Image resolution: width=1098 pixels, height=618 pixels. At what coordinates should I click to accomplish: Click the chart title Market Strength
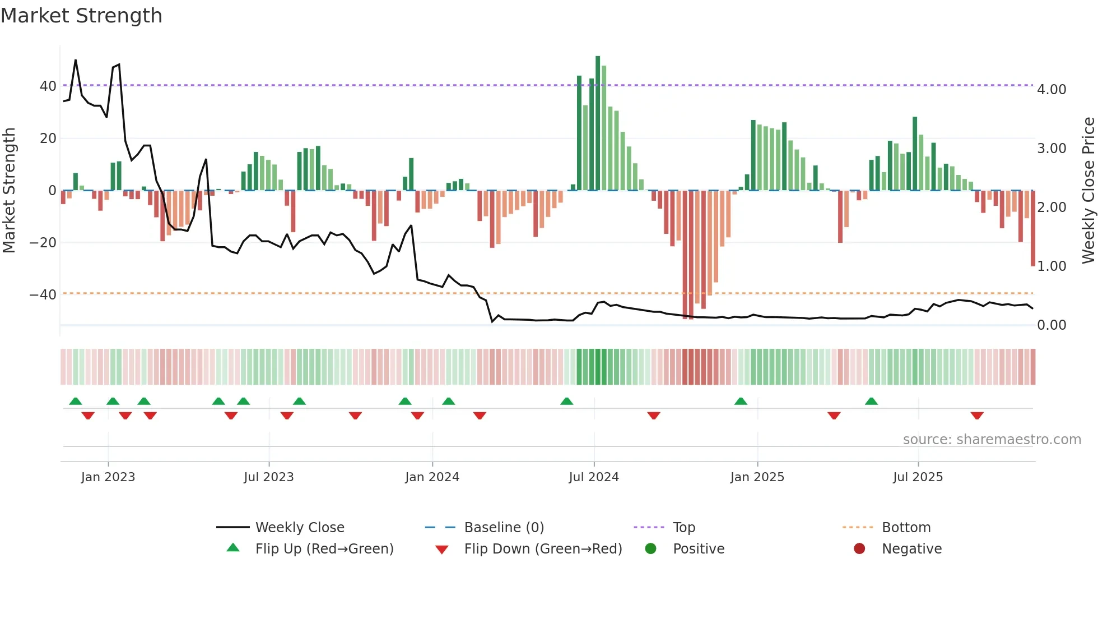click(x=81, y=16)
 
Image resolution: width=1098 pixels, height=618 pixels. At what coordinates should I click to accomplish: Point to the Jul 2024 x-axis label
click(x=594, y=477)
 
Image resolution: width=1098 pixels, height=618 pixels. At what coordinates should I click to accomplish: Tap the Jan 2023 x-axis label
click(x=108, y=477)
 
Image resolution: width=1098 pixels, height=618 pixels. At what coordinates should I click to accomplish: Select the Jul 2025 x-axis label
click(x=918, y=477)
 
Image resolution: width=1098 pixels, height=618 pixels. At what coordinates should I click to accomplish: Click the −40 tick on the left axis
click(x=43, y=295)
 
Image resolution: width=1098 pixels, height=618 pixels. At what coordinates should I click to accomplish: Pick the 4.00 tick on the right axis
click(x=1052, y=90)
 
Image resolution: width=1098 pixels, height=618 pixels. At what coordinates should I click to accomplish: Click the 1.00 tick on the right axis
click(x=1052, y=266)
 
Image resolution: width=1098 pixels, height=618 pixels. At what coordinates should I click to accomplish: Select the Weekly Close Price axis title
click(x=1088, y=191)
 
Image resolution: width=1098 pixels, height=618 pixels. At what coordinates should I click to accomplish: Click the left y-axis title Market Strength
click(x=9, y=191)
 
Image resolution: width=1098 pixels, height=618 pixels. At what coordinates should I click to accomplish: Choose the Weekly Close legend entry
click(x=300, y=528)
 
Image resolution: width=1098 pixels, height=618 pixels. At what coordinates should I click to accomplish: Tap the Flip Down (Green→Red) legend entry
click(x=543, y=549)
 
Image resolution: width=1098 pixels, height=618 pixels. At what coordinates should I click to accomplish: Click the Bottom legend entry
click(x=906, y=528)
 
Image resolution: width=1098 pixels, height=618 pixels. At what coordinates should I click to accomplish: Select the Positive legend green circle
click(x=650, y=549)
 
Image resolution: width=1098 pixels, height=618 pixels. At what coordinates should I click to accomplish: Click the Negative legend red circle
click(x=859, y=549)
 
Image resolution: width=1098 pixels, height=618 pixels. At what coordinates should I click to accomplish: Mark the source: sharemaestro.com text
click(x=992, y=440)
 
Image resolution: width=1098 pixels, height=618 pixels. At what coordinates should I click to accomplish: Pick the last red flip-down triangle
click(x=977, y=416)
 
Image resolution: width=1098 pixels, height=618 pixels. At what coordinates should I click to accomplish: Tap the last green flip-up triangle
click(x=871, y=402)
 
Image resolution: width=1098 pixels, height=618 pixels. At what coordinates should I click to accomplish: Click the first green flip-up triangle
click(x=76, y=402)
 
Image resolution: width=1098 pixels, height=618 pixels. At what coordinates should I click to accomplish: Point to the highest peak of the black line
click(x=76, y=60)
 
